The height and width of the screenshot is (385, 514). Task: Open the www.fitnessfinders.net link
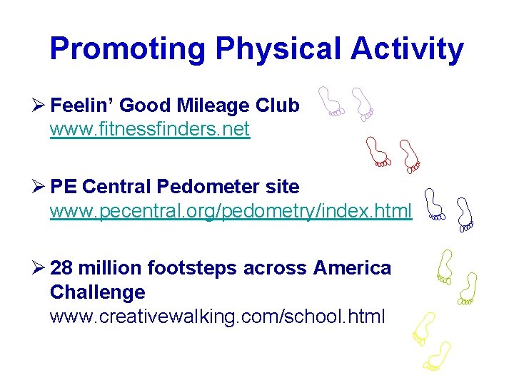[150, 130]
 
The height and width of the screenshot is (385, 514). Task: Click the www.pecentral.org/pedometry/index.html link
[231, 212]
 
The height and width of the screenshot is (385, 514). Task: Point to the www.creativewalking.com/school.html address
[217, 316]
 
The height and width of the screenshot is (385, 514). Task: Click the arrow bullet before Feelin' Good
[39, 106]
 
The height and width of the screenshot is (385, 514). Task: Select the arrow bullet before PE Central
[39, 188]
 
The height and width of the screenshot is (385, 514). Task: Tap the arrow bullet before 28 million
[39, 269]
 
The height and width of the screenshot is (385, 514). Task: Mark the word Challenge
[98, 292]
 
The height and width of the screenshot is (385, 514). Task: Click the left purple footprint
[331, 101]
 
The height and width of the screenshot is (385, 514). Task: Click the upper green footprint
[445, 266]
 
